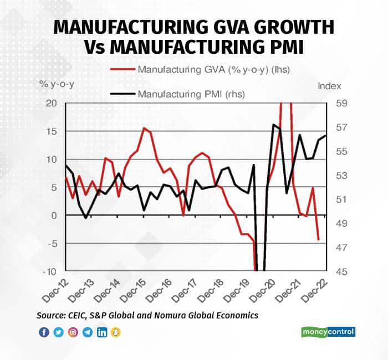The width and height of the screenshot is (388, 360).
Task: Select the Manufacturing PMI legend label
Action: tap(191, 94)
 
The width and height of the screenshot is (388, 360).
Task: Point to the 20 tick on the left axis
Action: tap(51, 104)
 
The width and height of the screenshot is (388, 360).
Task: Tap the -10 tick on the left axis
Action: tap(49, 271)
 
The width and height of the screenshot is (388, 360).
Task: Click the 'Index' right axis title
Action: tap(329, 86)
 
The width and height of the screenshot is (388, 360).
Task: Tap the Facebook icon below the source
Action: tap(44, 332)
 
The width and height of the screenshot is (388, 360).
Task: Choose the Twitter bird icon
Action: tap(59, 332)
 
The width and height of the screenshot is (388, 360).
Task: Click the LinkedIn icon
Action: tap(102, 332)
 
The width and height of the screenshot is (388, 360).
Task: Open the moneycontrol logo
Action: tap(328, 332)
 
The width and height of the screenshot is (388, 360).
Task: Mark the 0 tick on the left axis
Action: tap(53, 215)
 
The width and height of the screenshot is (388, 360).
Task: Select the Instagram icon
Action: tap(73, 332)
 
